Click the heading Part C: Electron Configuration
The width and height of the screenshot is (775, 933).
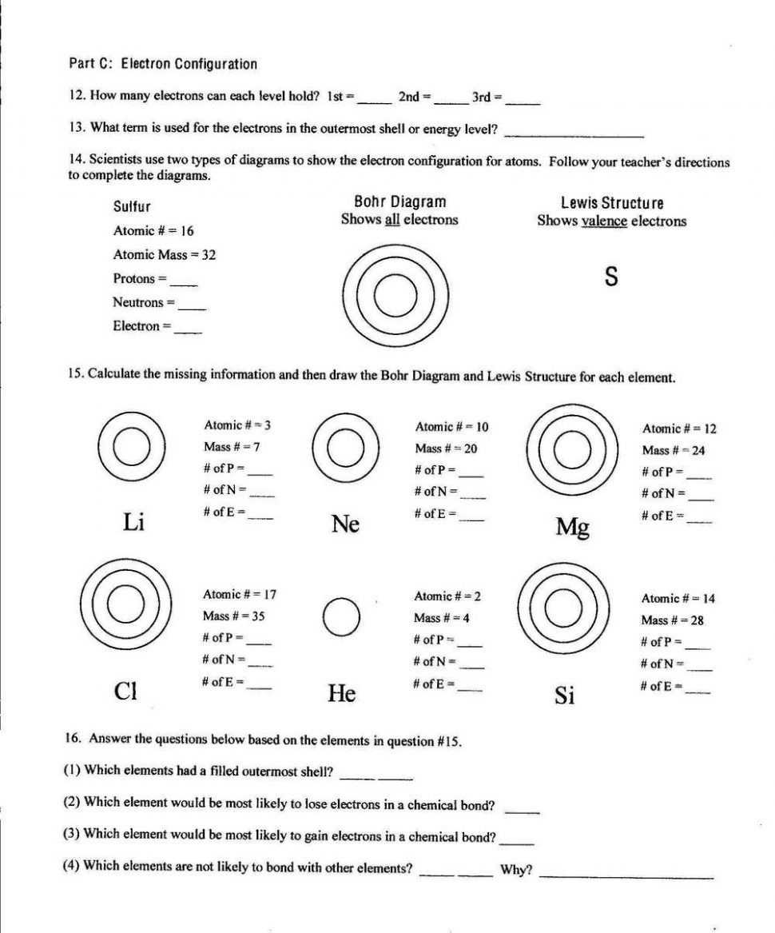pos(163,64)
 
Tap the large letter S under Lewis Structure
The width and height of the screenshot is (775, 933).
pos(611,277)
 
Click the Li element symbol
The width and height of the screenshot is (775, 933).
pos(133,522)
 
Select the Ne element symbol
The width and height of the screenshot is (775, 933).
pos(345,524)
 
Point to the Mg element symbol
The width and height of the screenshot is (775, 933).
pos(572,527)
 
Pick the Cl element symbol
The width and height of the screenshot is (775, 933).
pos(125,690)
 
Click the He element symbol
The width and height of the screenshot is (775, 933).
pos(342,693)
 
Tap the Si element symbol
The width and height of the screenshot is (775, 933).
pos(564,696)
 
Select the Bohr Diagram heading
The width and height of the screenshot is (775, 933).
pos(399,202)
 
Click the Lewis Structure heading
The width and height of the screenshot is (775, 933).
pos(612,203)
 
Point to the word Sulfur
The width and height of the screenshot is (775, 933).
pos(132,207)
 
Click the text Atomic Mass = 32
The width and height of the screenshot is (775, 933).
pos(165,255)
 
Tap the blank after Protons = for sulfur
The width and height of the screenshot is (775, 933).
pos(183,281)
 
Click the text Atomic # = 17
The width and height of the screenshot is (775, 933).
pos(240,594)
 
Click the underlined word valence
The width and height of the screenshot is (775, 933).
pos(604,221)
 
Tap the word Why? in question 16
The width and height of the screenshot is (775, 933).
pos(516,870)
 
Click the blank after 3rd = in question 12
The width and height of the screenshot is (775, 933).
pos(523,100)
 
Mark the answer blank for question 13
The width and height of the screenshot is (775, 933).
pos(574,132)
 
